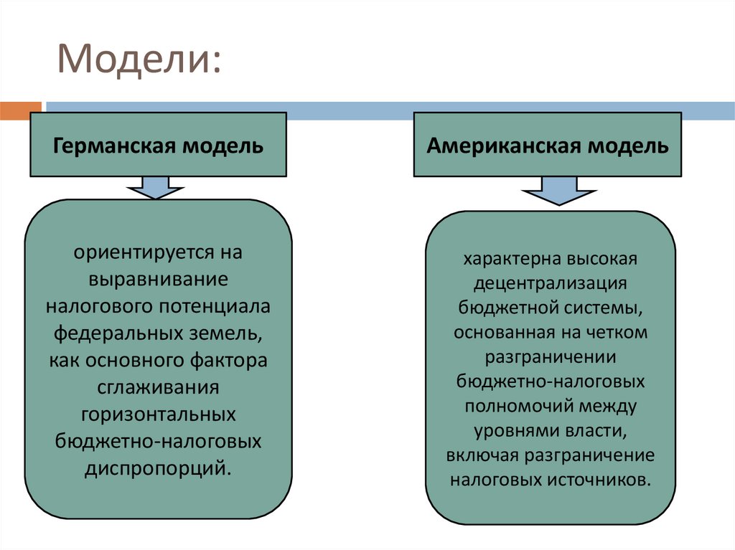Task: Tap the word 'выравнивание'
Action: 159,278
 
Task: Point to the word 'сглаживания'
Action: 159,388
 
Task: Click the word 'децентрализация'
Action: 551,283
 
